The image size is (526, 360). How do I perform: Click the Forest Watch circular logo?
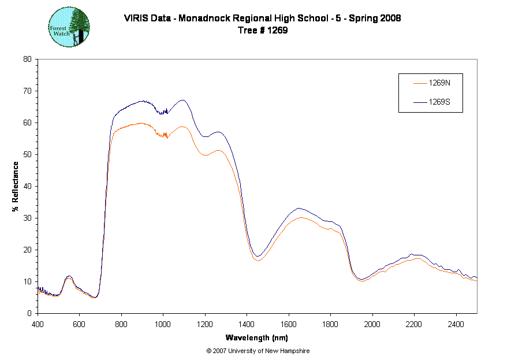click(x=69, y=27)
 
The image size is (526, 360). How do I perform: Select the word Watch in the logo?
click(x=61, y=34)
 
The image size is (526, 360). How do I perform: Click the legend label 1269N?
click(x=439, y=83)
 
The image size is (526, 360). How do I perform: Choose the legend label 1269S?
click(x=439, y=102)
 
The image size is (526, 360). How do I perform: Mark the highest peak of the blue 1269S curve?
click(x=182, y=100)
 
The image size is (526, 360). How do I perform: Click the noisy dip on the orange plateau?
click(x=165, y=136)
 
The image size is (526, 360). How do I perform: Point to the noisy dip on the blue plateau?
click(x=164, y=113)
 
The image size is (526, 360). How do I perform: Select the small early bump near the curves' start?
click(x=69, y=279)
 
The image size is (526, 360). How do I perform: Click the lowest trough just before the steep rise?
click(x=95, y=297)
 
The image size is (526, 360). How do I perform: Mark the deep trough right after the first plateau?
click(x=258, y=260)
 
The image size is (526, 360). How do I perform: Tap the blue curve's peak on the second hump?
click(x=300, y=209)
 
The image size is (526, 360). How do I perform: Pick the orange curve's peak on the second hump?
click(x=300, y=218)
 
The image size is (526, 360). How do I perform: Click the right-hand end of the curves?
click(x=476, y=280)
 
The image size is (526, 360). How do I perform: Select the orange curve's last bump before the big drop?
click(x=218, y=150)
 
